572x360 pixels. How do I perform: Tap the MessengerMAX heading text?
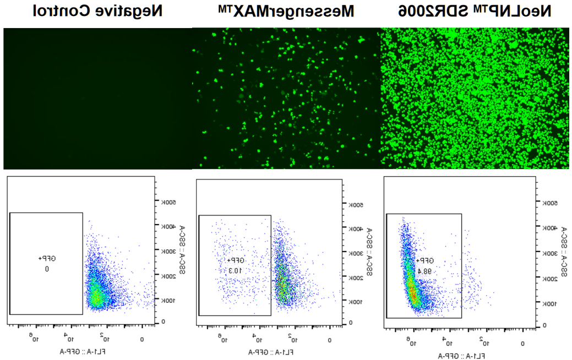coord(285,11)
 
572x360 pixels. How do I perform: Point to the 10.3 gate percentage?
coord(235,271)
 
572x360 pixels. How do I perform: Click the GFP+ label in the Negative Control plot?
coord(47,258)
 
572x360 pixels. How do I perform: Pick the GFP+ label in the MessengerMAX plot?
coord(235,260)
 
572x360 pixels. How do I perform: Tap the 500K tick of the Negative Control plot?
coord(167,202)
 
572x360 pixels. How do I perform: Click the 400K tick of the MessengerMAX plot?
coord(356,228)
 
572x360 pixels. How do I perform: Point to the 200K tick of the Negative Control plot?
coord(167,275)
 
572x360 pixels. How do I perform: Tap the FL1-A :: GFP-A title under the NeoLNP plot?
coord(461,356)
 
